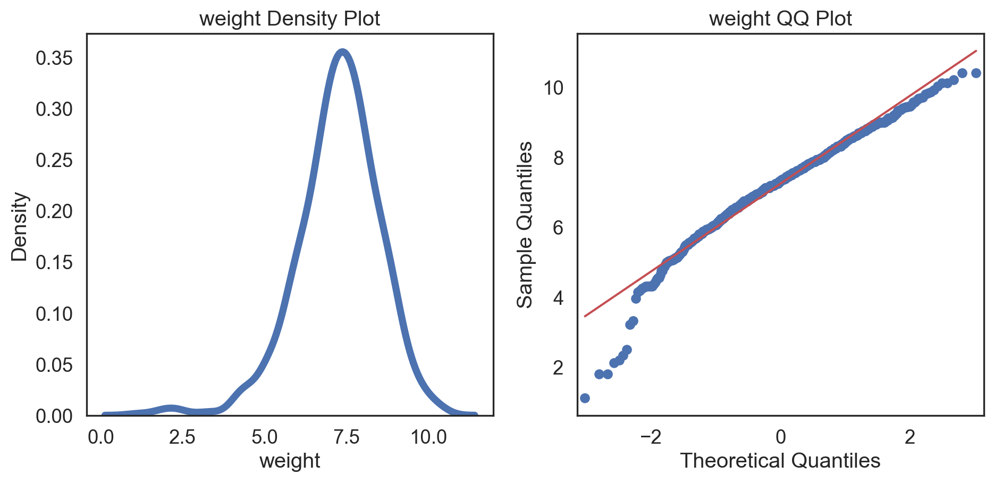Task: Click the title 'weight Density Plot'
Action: click(x=290, y=19)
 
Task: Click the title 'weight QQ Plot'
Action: click(x=780, y=19)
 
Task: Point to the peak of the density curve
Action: click(x=343, y=52)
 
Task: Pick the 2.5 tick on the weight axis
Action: click(x=182, y=437)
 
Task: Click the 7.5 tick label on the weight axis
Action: click(x=346, y=437)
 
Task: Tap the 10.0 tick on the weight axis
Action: click(x=428, y=437)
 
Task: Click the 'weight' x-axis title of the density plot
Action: click(x=290, y=461)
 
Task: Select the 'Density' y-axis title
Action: click(x=20, y=226)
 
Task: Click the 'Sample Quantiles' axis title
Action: click(x=525, y=225)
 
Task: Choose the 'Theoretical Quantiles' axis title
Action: click(x=780, y=461)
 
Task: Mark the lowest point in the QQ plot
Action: click(x=585, y=398)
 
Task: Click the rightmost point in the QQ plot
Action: click(x=976, y=73)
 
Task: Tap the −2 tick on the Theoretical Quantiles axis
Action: click(x=651, y=437)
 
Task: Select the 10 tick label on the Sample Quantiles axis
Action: click(x=553, y=88)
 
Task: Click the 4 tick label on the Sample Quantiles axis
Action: click(x=558, y=298)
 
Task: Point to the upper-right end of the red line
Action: click(x=976, y=51)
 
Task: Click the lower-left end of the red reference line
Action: click(x=585, y=316)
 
